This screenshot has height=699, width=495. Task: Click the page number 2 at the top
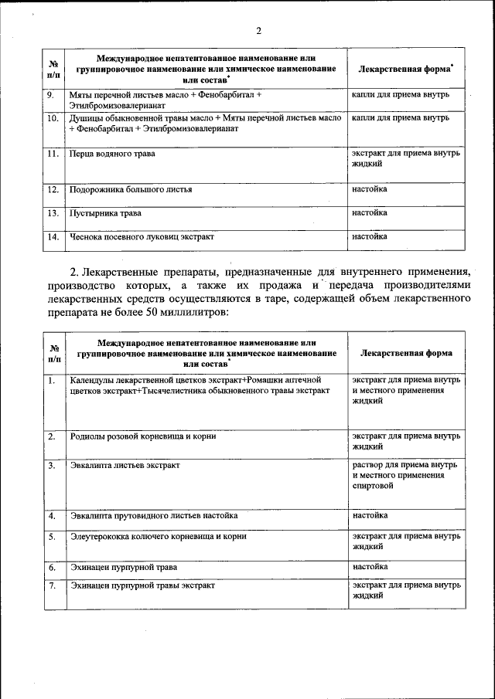coord(259,32)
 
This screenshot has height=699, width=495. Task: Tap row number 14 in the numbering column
coord(52,237)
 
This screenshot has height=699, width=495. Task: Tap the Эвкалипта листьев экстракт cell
coord(125,466)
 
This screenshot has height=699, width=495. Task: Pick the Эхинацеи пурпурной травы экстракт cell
coord(142,585)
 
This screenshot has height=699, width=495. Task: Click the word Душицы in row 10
coord(87,119)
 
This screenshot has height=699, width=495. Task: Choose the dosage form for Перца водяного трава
coord(405,158)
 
